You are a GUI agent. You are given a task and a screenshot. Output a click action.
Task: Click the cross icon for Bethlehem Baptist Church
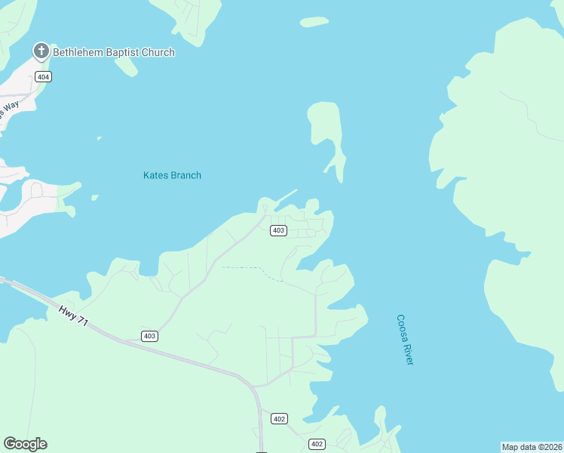pos(41,52)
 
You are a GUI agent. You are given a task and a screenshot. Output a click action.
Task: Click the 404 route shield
pos(43,77)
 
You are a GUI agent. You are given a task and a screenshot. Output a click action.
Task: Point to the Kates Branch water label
pos(172,175)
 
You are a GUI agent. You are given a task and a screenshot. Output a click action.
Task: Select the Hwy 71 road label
pos(73,316)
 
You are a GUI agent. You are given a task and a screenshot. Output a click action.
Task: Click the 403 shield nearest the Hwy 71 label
pos(149,336)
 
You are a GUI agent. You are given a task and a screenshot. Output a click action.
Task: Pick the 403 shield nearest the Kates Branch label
pos(278,230)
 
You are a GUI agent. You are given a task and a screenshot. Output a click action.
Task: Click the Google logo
pos(25,444)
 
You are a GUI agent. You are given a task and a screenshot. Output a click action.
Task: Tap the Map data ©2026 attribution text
pos(532,446)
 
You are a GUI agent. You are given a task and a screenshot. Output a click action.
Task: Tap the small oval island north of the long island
pos(314,22)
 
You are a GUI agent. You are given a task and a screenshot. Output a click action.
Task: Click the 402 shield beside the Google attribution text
pos(317,444)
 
